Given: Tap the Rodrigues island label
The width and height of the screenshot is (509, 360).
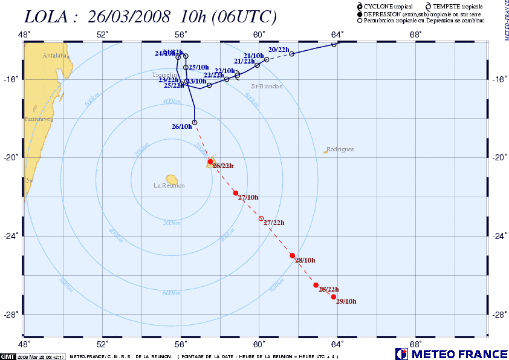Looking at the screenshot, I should click(339, 149).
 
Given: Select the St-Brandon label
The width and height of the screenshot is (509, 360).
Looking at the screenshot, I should click(267, 87).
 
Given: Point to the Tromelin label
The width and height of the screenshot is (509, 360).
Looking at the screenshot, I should click(163, 75).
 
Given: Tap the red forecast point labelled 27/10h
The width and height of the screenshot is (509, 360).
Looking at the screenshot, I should click(236, 192).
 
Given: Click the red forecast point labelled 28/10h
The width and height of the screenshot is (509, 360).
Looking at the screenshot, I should click(293, 255).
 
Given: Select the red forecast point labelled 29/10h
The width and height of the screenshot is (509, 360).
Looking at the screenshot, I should click(334, 296).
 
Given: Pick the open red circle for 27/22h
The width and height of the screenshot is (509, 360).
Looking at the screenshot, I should click(261, 218).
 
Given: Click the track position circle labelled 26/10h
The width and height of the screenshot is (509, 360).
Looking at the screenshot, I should click(195, 123).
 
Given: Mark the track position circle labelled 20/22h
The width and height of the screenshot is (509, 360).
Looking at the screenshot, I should click(291, 54).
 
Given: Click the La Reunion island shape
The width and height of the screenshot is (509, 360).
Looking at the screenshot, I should click(172, 179).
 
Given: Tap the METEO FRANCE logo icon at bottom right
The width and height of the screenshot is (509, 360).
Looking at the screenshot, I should click(401, 354).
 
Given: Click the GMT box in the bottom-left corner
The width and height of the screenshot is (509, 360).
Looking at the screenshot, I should click(8, 356).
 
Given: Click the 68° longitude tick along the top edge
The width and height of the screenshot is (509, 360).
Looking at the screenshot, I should click(415, 34).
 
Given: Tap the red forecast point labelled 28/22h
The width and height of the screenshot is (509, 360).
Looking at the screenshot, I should click(316, 285).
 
